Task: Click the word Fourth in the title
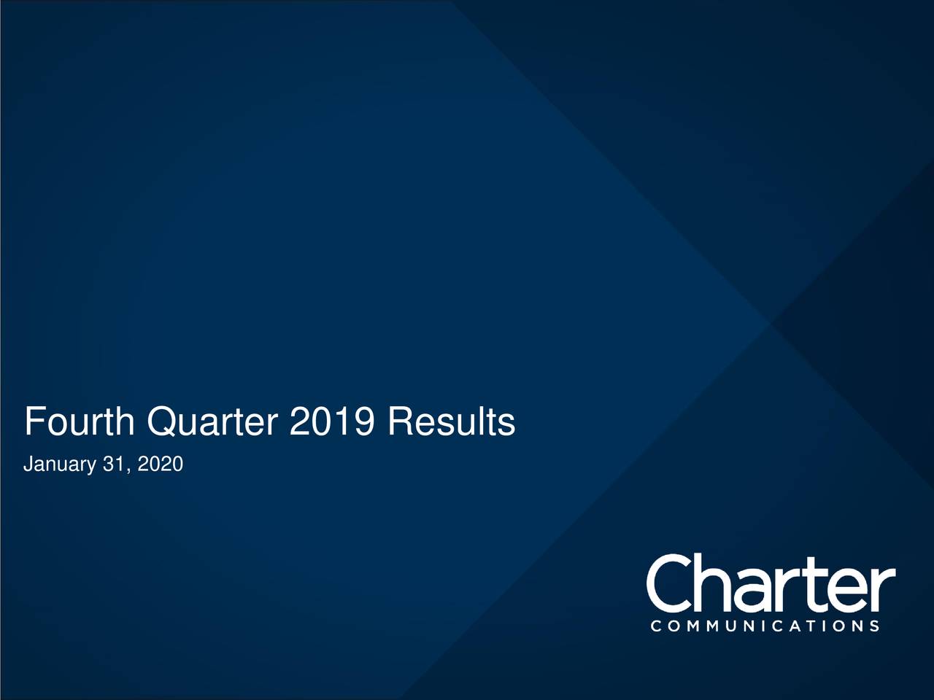click(x=80, y=421)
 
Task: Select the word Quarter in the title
click(x=212, y=422)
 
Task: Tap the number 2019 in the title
click(x=332, y=421)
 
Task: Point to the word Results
click(x=452, y=421)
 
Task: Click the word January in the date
click(x=60, y=464)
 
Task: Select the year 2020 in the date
click(x=161, y=463)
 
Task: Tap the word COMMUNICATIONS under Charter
click(x=765, y=626)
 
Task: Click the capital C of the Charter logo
click(x=669, y=583)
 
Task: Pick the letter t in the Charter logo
click(x=822, y=586)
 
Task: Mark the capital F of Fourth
click(x=34, y=421)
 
